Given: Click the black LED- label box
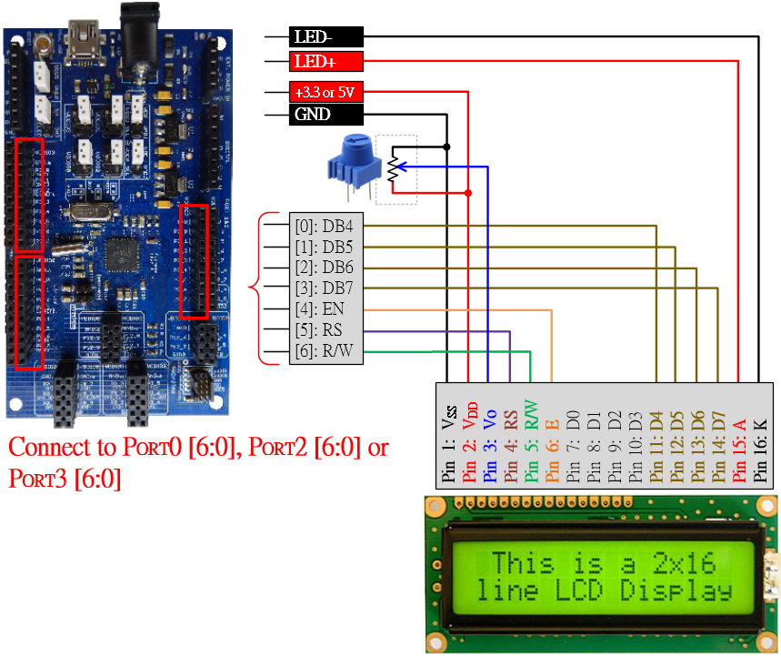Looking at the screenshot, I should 325,37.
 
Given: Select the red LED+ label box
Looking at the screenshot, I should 325,62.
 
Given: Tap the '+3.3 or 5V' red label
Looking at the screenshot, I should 325,92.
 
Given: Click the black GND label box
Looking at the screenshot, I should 325,115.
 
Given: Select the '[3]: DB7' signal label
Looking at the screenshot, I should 325,289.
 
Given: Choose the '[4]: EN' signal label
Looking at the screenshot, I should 325,310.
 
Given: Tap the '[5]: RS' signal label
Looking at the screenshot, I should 325,331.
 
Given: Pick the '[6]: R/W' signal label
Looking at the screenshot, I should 325,353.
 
